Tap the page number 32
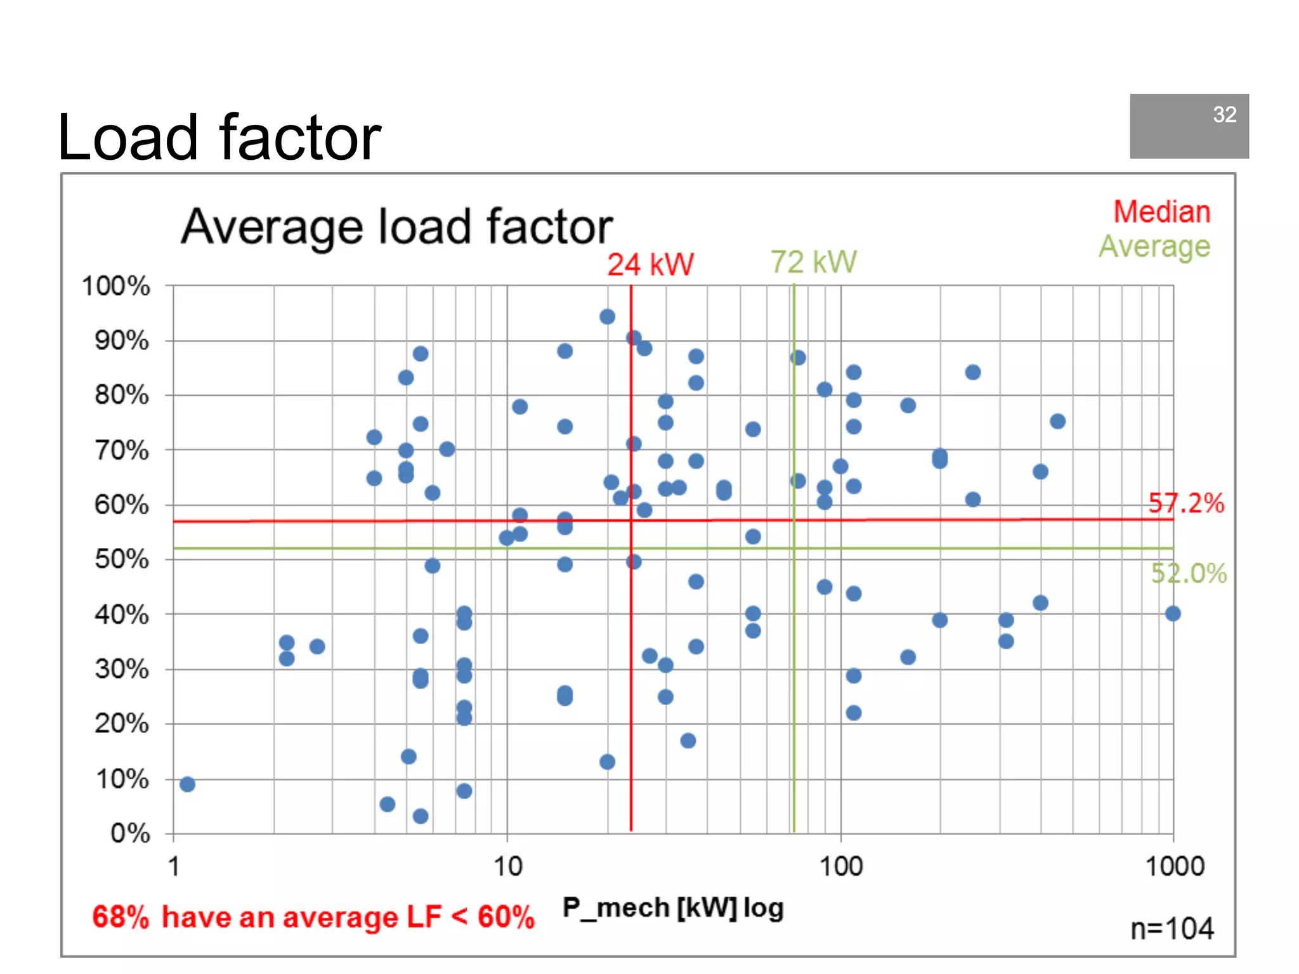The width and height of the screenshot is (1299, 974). [1224, 115]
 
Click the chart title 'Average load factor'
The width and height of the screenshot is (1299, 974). [397, 226]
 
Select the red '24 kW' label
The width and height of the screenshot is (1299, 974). [650, 264]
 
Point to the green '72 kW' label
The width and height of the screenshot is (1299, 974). [813, 262]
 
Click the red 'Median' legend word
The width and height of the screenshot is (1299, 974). [1162, 212]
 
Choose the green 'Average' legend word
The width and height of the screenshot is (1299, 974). [1154, 247]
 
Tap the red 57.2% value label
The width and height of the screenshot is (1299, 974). [1185, 503]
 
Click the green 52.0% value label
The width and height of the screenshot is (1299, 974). [1189, 573]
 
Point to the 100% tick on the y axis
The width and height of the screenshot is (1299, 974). [116, 286]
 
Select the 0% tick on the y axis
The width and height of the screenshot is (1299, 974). [130, 833]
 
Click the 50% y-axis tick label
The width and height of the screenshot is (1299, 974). [122, 559]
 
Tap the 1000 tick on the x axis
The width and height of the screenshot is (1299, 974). [1175, 866]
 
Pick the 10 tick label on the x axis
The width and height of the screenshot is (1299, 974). [507, 866]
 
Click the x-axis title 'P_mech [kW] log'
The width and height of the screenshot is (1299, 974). [673, 907]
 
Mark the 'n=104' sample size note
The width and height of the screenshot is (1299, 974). [1172, 929]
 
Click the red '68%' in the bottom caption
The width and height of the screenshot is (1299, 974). [121, 917]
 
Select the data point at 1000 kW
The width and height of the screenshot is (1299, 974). [1173, 613]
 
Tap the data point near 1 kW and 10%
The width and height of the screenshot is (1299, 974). [187, 784]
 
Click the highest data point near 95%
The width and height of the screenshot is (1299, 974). [607, 316]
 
